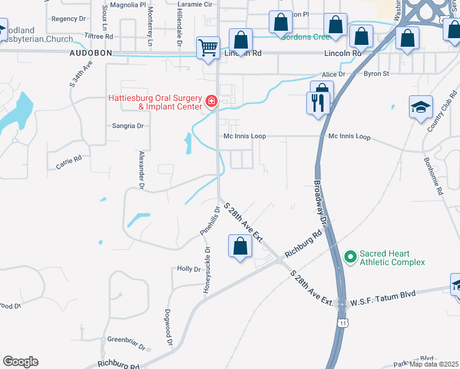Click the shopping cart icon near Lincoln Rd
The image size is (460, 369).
click(x=208, y=47)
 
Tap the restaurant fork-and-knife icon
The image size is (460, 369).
click(x=318, y=102)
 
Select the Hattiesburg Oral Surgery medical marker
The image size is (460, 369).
click(x=212, y=100)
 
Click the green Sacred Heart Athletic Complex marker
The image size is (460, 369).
click(x=350, y=255)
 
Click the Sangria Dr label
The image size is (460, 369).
click(x=127, y=125)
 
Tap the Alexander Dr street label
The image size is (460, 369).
click(x=142, y=169)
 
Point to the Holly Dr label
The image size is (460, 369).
click(x=189, y=269)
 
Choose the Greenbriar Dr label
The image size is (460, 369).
click(x=125, y=339)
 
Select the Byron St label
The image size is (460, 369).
click(x=377, y=74)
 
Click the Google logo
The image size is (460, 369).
click(x=20, y=362)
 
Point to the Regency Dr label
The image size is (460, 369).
click(x=69, y=19)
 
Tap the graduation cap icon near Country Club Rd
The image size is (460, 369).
click(x=421, y=108)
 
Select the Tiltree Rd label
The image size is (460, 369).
click(x=99, y=37)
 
